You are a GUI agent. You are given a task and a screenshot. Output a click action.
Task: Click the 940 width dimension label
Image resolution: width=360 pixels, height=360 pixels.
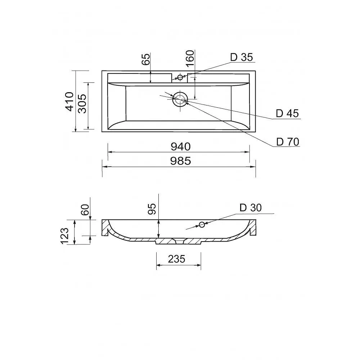coord(181,147)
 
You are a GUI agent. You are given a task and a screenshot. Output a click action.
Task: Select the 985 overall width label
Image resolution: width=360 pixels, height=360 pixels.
coord(180,161)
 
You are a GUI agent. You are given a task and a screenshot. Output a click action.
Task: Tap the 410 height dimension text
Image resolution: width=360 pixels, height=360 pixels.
coord(70,102)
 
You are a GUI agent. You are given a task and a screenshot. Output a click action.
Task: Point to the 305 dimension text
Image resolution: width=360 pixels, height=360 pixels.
coord(82,104)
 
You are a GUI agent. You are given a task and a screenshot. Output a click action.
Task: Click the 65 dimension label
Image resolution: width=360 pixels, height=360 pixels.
coord(146,59)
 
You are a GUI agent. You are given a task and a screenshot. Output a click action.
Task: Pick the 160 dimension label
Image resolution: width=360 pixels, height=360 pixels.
coord(190,59)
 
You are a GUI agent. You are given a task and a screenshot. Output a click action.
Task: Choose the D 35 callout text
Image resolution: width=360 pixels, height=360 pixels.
coord(242,57)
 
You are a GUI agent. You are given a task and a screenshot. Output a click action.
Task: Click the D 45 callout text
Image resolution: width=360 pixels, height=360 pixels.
coord(287,113)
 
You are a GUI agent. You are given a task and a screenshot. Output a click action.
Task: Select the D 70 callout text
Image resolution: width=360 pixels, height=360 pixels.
coord(288,142)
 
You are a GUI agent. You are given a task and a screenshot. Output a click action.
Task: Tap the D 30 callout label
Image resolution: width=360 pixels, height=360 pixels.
coord(251,208)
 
